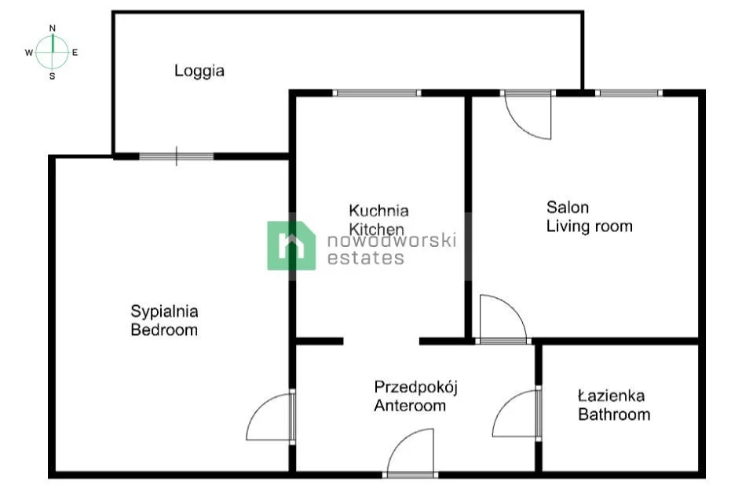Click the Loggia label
point(199,72)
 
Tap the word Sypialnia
point(164,311)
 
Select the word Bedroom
point(164,330)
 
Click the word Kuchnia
point(378,210)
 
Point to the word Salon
point(568,208)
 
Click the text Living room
point(589,226)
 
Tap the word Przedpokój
point(416,388)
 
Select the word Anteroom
point(410,406)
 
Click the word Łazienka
point(612,396)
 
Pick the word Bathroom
point(614,414)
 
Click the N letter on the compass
point(53,28)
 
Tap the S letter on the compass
point(53,76)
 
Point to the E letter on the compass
point(75,53)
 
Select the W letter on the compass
point(29,53)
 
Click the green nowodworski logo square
point(291,245)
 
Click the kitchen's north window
point(377,93)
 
